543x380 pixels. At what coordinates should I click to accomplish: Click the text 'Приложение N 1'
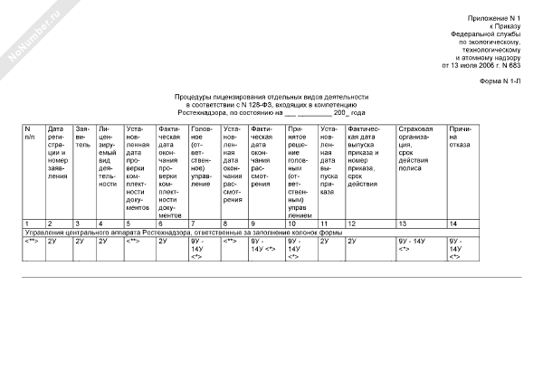(496, 18)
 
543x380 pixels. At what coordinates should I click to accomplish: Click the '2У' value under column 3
(80, 242)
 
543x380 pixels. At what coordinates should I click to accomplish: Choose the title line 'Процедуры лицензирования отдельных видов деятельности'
(271, 97)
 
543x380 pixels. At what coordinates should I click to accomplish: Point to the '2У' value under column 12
(352, 242)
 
